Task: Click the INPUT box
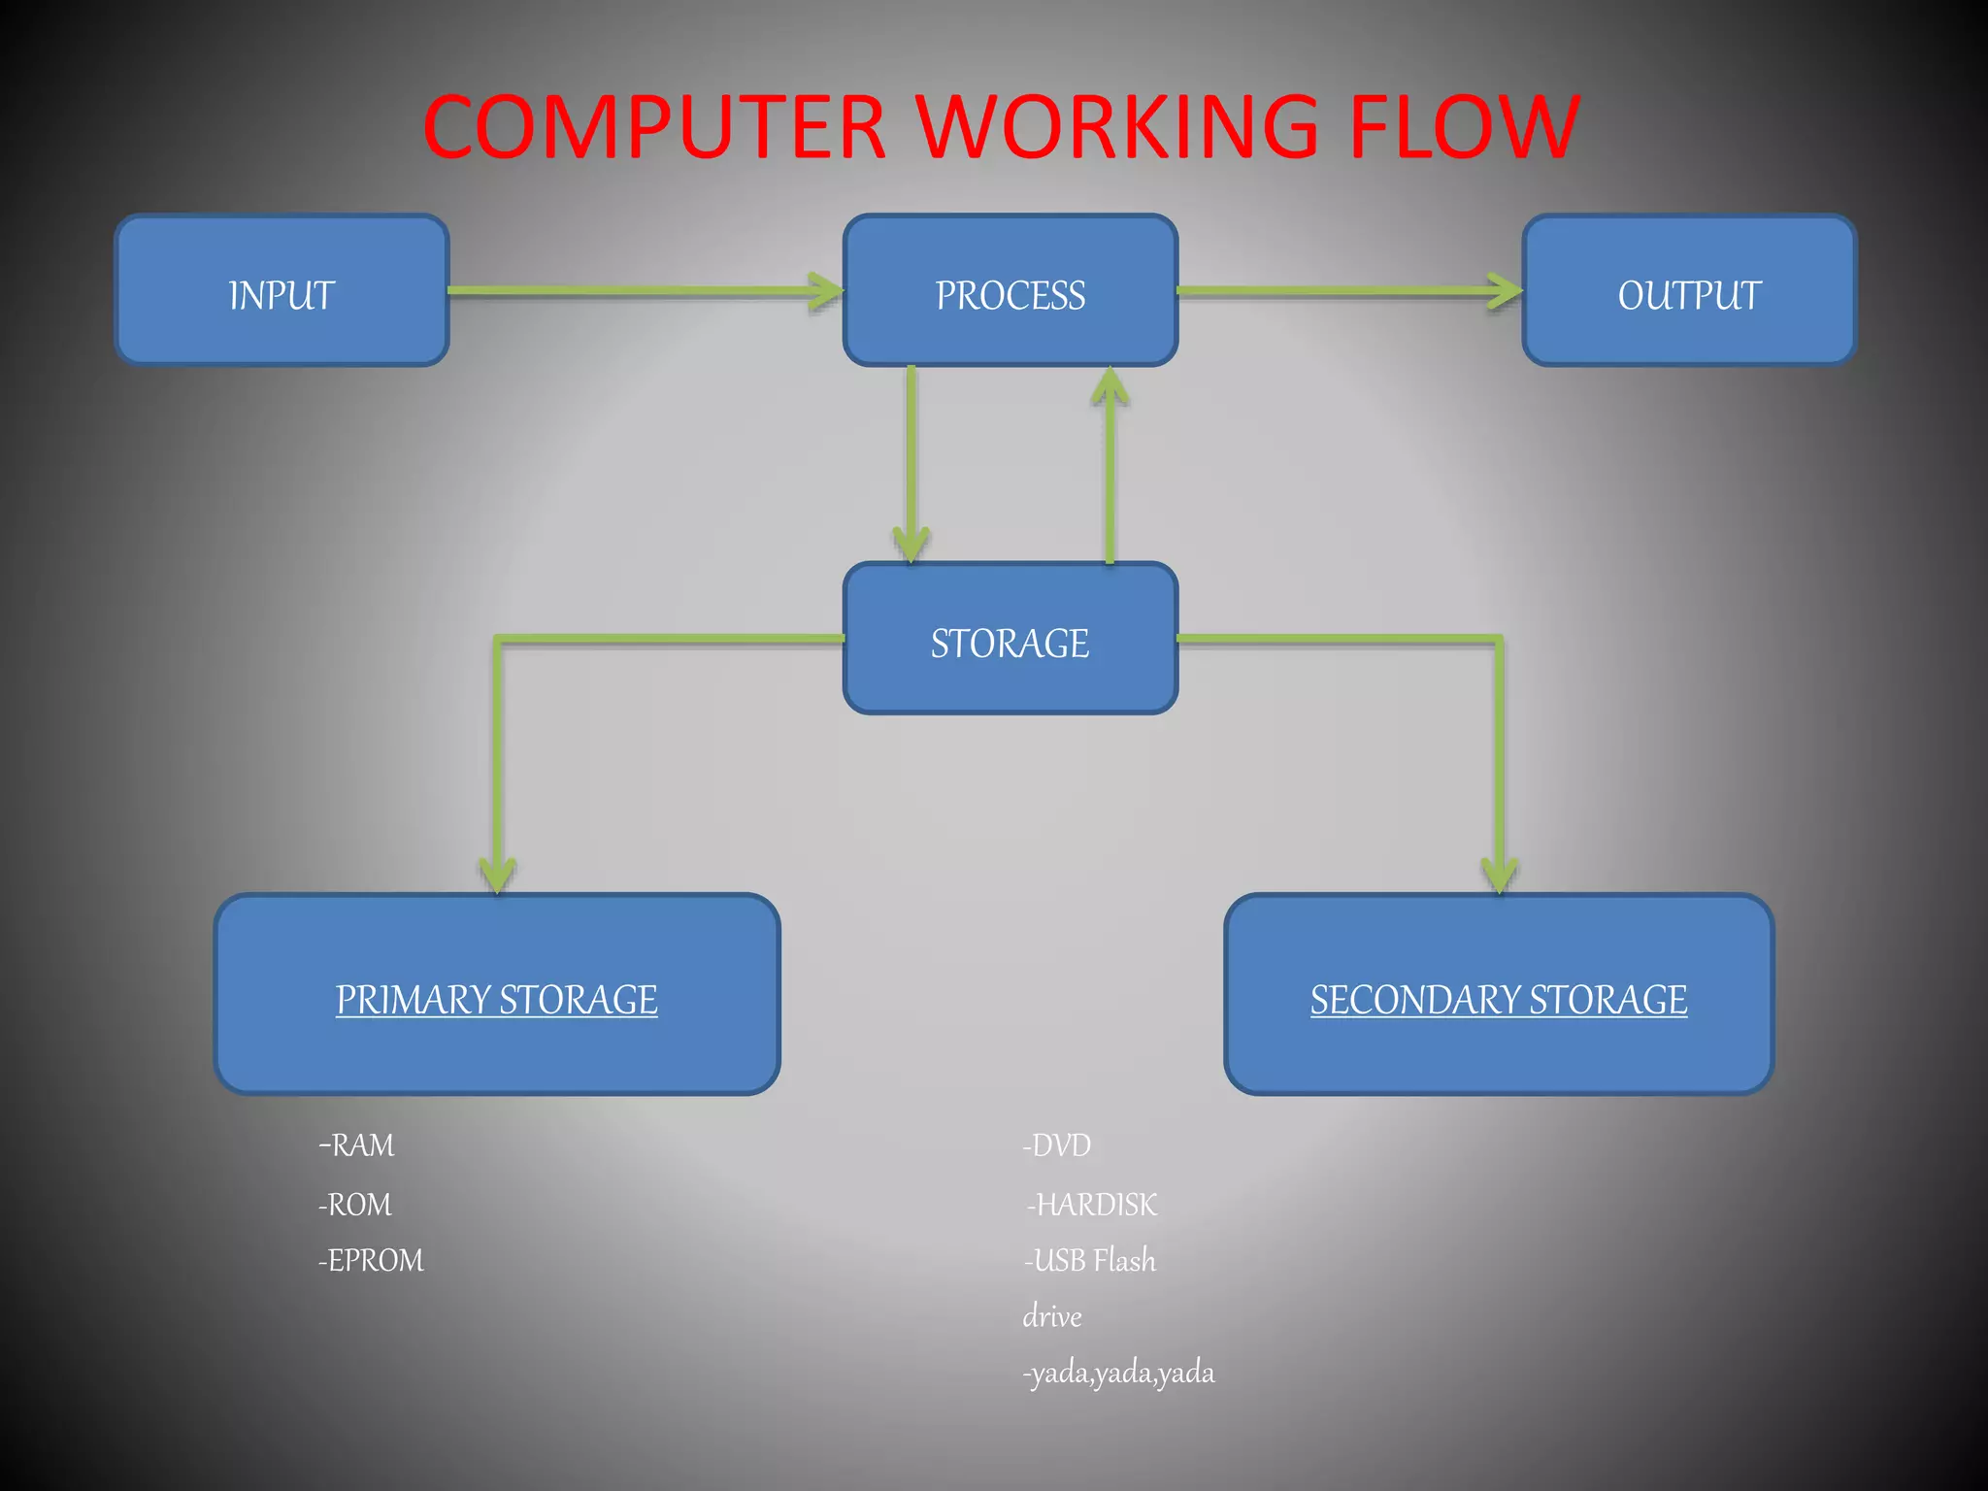click(x=282, y=290)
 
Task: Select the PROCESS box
click(x=1010, y=290)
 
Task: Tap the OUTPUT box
click(x=1689, y=290)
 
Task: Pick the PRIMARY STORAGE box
click(x=497, y=994)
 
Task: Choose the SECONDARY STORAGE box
click(x=1499, y=994)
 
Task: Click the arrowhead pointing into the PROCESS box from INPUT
click(x=827, y=290)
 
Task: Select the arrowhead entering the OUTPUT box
click(x=1507, y=290)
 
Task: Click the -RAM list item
click(x=356, y=1145)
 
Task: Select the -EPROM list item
click(x=371, y=1260)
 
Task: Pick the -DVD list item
click(x=1057, y=1145)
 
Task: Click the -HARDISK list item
click(x=1092, y=1205)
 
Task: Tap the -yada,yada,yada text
click(x=1118, y=1373)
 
